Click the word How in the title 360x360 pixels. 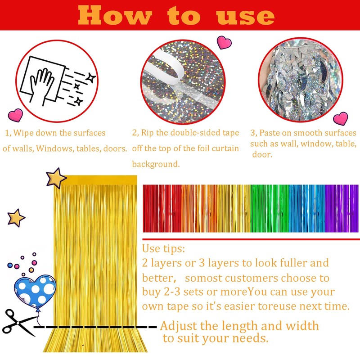114,16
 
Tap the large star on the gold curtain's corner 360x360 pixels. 56,178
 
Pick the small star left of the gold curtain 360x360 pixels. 16,218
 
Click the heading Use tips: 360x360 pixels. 163,249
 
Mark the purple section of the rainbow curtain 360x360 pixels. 340,209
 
